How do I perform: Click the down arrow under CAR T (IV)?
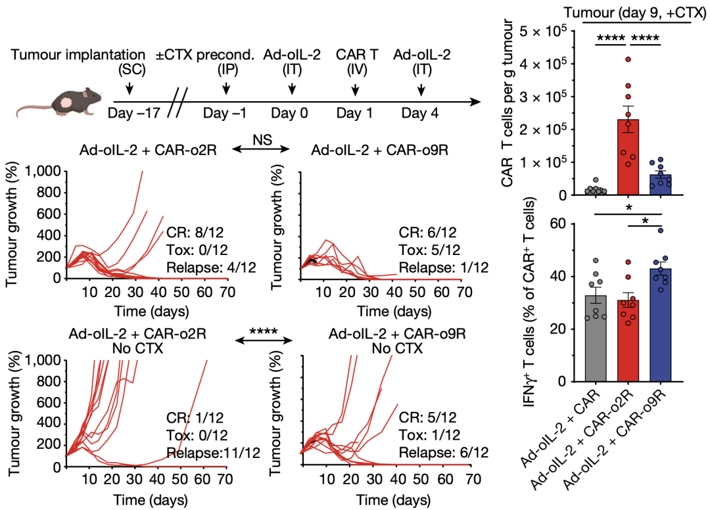356,87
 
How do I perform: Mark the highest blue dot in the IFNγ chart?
660,230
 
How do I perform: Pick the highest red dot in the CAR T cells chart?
628,59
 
